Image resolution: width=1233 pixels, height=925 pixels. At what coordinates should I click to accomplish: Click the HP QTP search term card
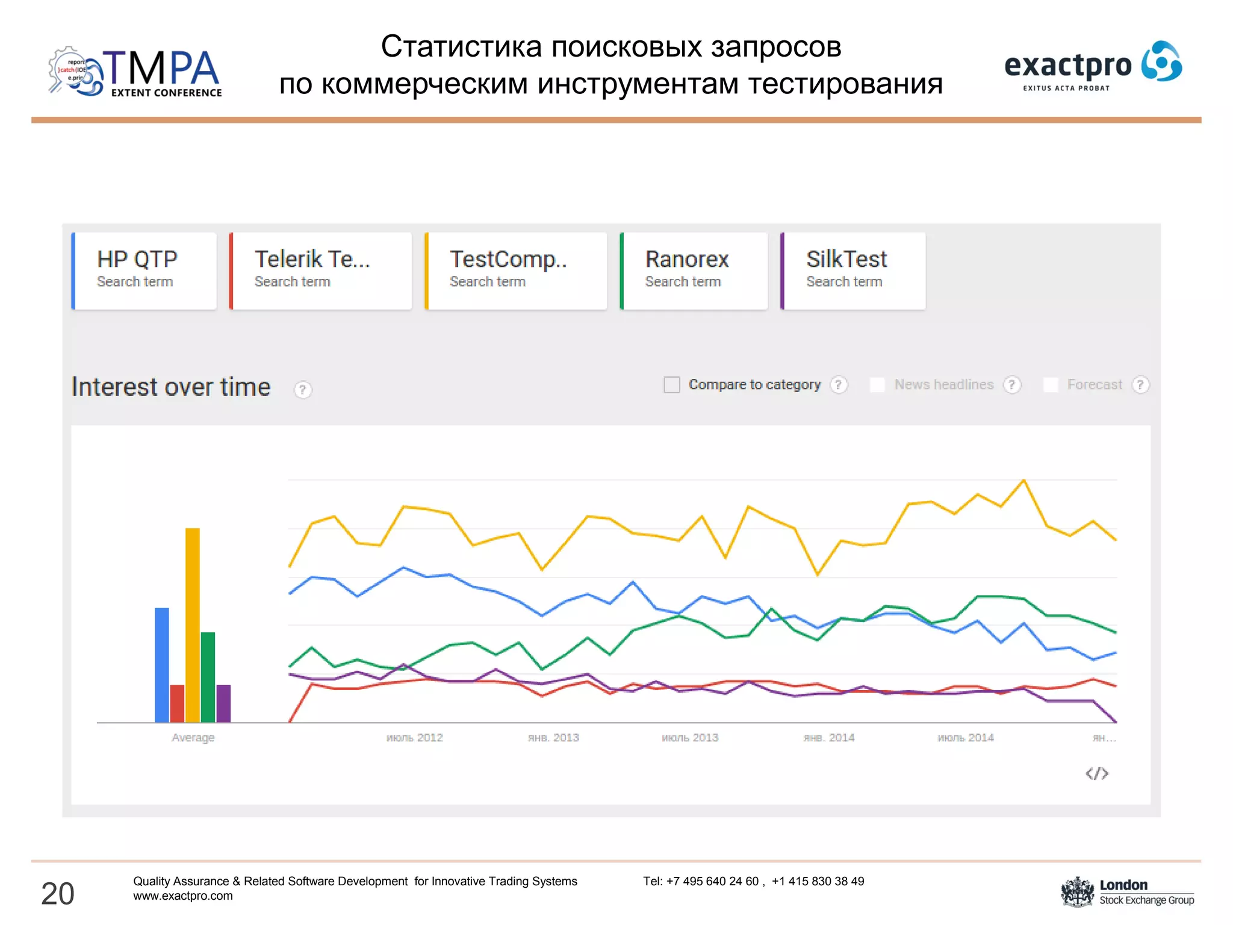(x=144, y=270)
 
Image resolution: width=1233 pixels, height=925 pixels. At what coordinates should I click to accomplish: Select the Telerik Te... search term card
(x=321, y=270)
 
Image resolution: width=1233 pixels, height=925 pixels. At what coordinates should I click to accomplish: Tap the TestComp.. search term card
(x=516, y=270)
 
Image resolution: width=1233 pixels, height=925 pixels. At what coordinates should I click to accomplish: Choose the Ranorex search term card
(x=694, y=270)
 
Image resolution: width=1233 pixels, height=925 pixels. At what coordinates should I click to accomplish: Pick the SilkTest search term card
(x=853, y=270)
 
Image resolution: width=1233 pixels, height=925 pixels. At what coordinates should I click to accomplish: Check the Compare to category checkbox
(x=671, y=385)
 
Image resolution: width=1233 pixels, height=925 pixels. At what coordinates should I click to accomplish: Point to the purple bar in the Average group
(x=223, y=703)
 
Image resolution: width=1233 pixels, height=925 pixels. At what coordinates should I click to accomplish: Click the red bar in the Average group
(x=177, y=703)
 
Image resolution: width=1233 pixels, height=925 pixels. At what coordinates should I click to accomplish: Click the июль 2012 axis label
(x=414, y=738)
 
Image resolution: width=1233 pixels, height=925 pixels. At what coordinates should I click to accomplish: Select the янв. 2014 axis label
(x=828, y=738)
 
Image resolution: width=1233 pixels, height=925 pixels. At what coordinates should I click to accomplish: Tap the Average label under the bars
(x=193, y=738)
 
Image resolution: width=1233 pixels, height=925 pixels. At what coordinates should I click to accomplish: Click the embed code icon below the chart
(x=1096, y=773)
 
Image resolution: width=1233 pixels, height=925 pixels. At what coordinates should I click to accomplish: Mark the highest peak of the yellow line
(x=1023, y=481)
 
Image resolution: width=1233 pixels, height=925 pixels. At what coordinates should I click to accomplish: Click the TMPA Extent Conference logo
(x=135, y=72)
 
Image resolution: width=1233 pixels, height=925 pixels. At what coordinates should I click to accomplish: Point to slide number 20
(x=58, y=893)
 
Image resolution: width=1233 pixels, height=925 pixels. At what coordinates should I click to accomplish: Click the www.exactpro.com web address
(x=183, y=896)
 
